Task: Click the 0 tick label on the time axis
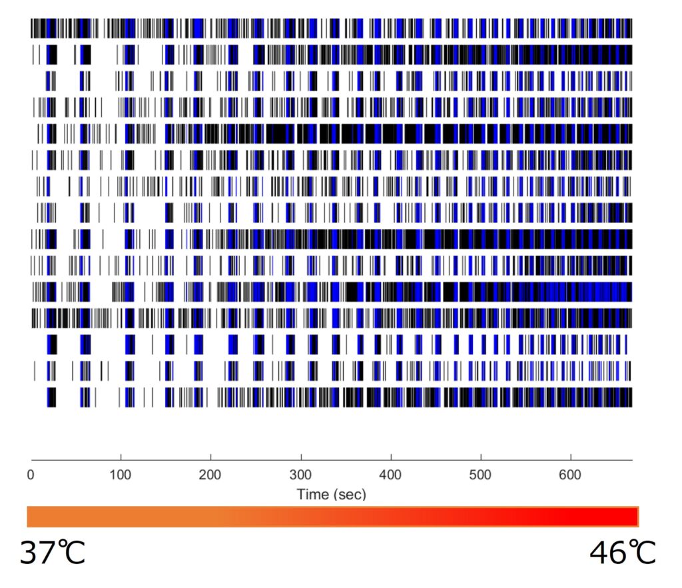pyautogui.click(x=31, y=476)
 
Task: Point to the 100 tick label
pyautogui.click(x=121, y=476)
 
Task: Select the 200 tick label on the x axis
pyautogui.click(x=211, y=476)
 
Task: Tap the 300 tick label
pyautogui.click(x=301, y=476)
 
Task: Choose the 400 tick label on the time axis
pyautogui.click(x=391, y=476)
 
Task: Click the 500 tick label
pyautogui.click(x=481, y=476)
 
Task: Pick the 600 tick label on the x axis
pyautogui.click(x=571, y=476)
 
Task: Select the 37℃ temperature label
pyautogui.click(x=53, y=553)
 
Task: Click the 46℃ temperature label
pyautogui.click(x=623, y=553)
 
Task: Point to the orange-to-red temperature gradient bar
pyautogui.click(x=332, y=517)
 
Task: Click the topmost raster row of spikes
pyautogui.click(x=331, y=28)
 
